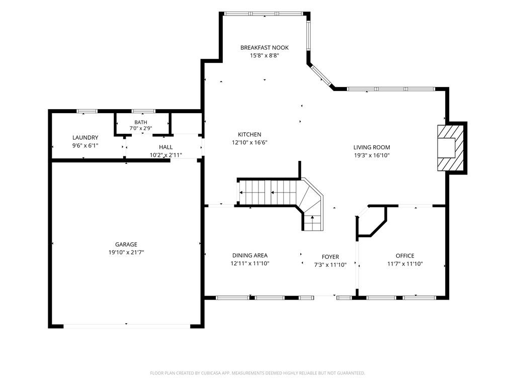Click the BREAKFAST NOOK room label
coord(265,48)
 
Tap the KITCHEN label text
coord(249,135)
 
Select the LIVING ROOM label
coord(372,147)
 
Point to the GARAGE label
coord(126,245)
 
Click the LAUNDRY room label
coord(85,138)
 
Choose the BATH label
coord(141,123)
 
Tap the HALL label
coord(166,147)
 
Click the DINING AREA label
coord(250,255)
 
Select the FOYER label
coord(330,257)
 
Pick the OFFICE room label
coord(405,256)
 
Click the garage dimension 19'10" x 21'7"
coord(126,252)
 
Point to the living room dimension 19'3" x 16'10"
coord(372,156)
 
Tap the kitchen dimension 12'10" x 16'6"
coord(249,142)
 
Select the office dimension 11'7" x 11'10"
coord(405,263)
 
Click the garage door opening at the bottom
coord(126,326)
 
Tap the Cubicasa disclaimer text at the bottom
coord(257,373)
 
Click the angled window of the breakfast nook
coord(321,77)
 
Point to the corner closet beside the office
coord(371,221)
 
